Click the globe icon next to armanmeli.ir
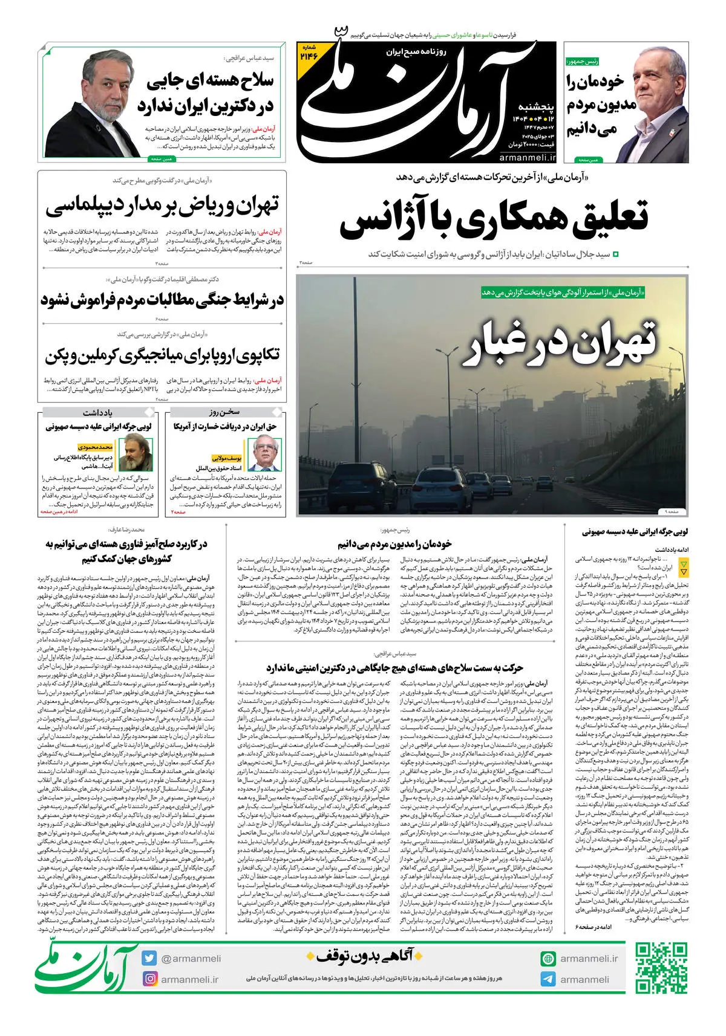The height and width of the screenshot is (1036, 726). point(548,959)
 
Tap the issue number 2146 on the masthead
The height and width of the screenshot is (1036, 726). point(308,53)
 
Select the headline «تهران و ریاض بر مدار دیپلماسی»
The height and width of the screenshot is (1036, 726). point(162,207)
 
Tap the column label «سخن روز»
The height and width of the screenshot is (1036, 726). point(224,412)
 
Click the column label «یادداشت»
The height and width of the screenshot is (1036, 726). point(97,412)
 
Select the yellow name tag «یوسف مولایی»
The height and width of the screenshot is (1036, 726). point(226,458)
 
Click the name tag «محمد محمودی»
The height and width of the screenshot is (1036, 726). point(96,447)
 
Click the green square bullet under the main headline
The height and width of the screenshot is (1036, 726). point(616,254)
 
